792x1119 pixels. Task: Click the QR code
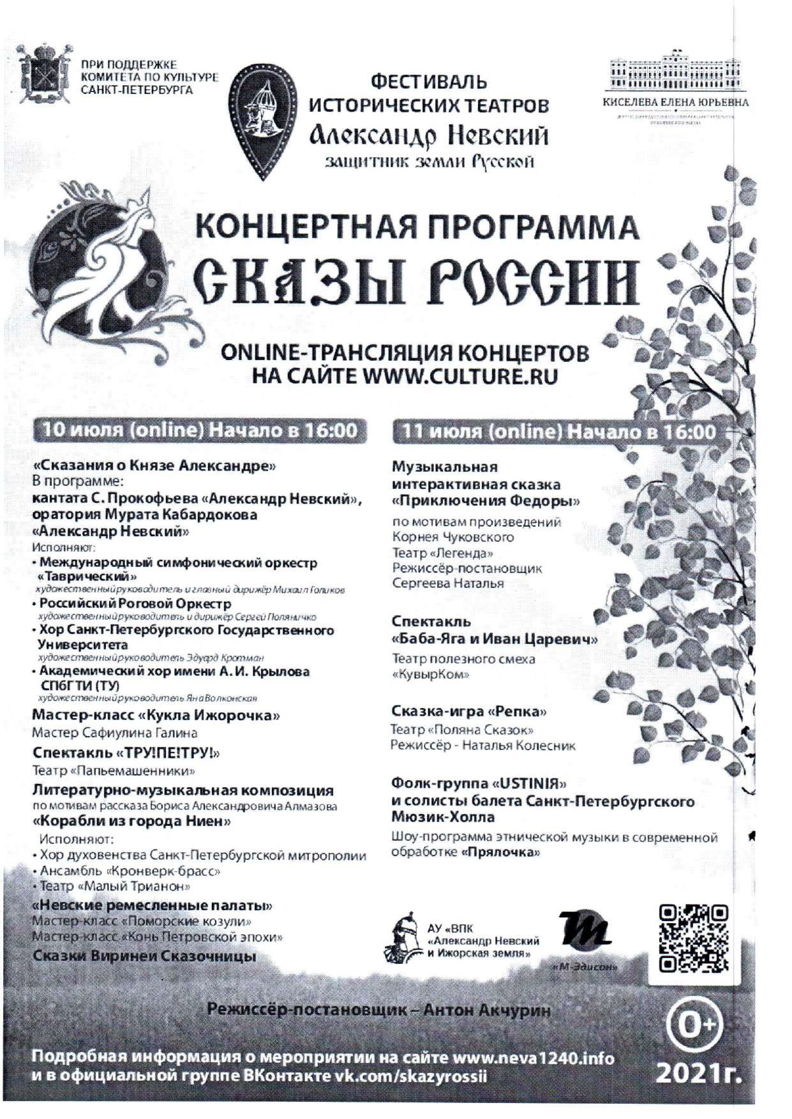692,938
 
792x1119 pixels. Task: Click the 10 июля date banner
200,430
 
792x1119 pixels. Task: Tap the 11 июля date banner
556,432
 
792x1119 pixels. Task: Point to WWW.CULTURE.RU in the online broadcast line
460,375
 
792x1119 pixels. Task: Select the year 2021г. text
699,1073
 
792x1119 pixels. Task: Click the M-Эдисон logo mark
584,928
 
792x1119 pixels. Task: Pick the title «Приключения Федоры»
486,500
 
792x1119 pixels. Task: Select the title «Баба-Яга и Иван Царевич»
495,638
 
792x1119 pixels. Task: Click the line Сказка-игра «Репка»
469,711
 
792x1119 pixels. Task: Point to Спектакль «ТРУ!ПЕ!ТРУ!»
126,753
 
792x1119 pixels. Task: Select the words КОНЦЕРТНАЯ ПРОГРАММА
417,227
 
